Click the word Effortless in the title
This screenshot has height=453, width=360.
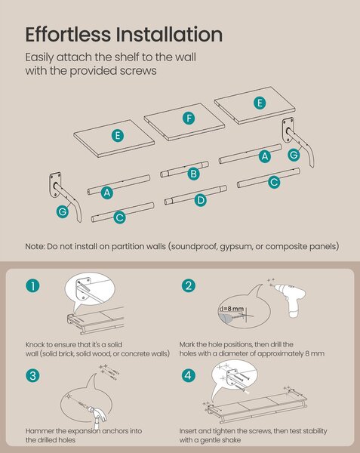point(68,35)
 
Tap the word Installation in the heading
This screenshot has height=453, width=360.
point(170,35)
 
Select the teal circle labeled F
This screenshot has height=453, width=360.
point(189,119)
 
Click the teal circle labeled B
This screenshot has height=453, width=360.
point(193,174)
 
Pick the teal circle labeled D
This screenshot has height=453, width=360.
point(200,200)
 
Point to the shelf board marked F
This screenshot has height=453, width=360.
point(184,122)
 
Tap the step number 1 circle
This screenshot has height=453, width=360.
point(32,286)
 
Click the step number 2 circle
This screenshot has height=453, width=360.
point(189,285)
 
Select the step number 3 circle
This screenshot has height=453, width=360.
point(32,376)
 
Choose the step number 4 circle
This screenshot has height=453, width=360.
point(188,375)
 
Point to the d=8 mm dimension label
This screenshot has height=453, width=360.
point(231,309)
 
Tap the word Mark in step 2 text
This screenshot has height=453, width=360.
point(186,345)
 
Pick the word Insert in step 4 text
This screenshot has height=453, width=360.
point(188,431)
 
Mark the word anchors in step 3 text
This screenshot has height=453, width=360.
point(128,431)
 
